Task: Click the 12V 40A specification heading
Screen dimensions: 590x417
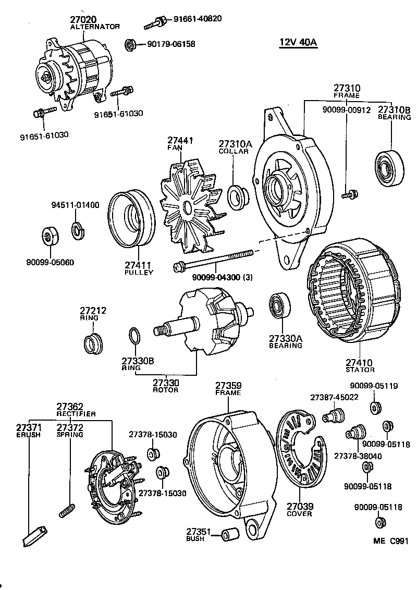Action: click(298, 43)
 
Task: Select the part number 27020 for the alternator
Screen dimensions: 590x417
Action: click(83, 19)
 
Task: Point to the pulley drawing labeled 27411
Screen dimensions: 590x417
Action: click(130, 221)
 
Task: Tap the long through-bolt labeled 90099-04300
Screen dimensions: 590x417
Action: click(214, 260)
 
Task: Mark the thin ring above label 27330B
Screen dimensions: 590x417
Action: click(133, 337)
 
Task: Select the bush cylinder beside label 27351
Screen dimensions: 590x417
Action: click(229, 534)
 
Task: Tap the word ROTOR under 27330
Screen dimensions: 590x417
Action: click(166, 390)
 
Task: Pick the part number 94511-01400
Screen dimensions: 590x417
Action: click(75, 205)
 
